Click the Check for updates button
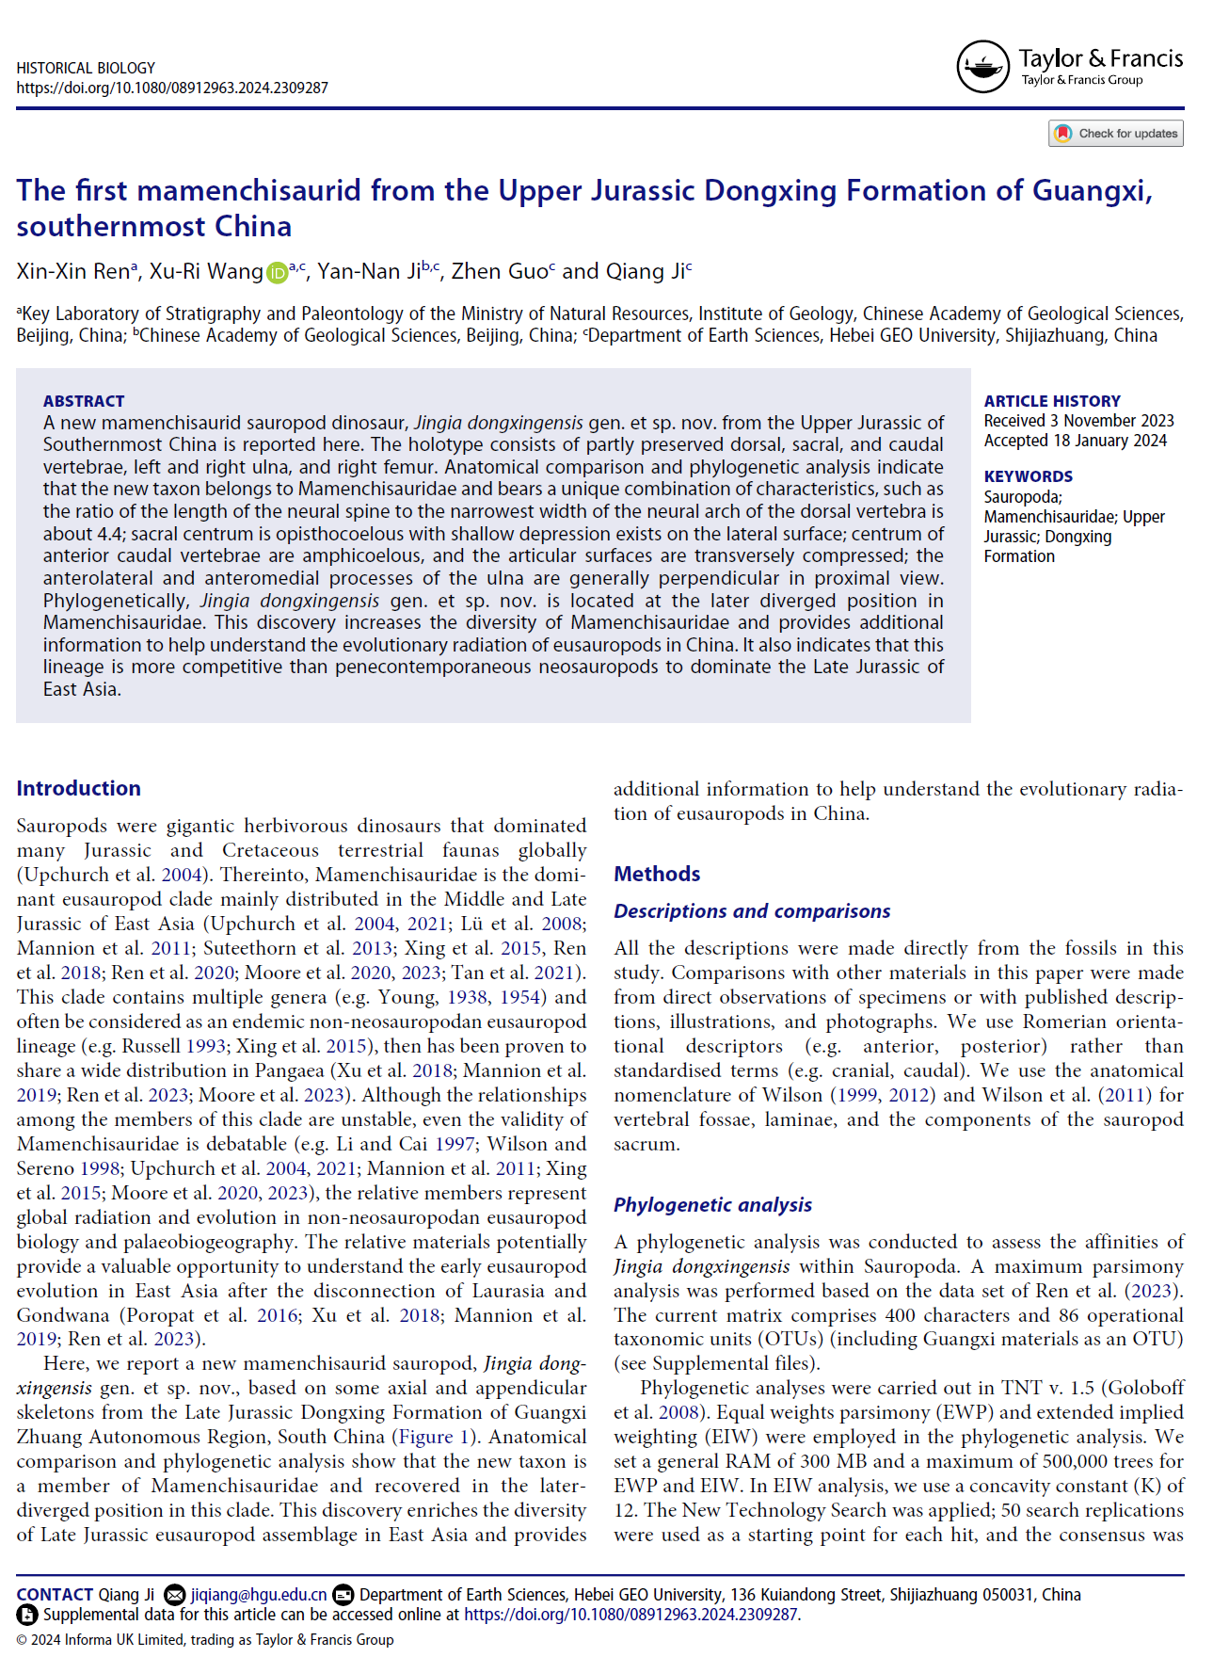click(x=1116, y=134)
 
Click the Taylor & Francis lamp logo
click(x=982, y=67)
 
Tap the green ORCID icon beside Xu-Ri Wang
click(x=277, y=273)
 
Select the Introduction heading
click(x=78, y=788)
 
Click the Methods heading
click(x=657, y=874)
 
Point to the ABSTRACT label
click(x=84, y=401)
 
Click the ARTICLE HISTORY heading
click(x=1052, y=401)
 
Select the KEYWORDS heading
click(x=1029, y=476)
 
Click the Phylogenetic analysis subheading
click(x=712, y=1205)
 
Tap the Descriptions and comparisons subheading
click(x=752, y=911)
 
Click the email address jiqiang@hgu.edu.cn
click(x=259, y=1595)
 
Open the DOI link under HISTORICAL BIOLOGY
click(x=172, y=88)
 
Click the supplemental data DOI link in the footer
click(x=630, y=1615)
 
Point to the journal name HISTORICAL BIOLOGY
click(x=86, y=68)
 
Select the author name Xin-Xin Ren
click(x=72, y=272)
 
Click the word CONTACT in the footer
click(x=55, y=1595)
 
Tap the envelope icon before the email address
click(x=174, y=1595)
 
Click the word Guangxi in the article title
click(x=1092, y=191)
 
